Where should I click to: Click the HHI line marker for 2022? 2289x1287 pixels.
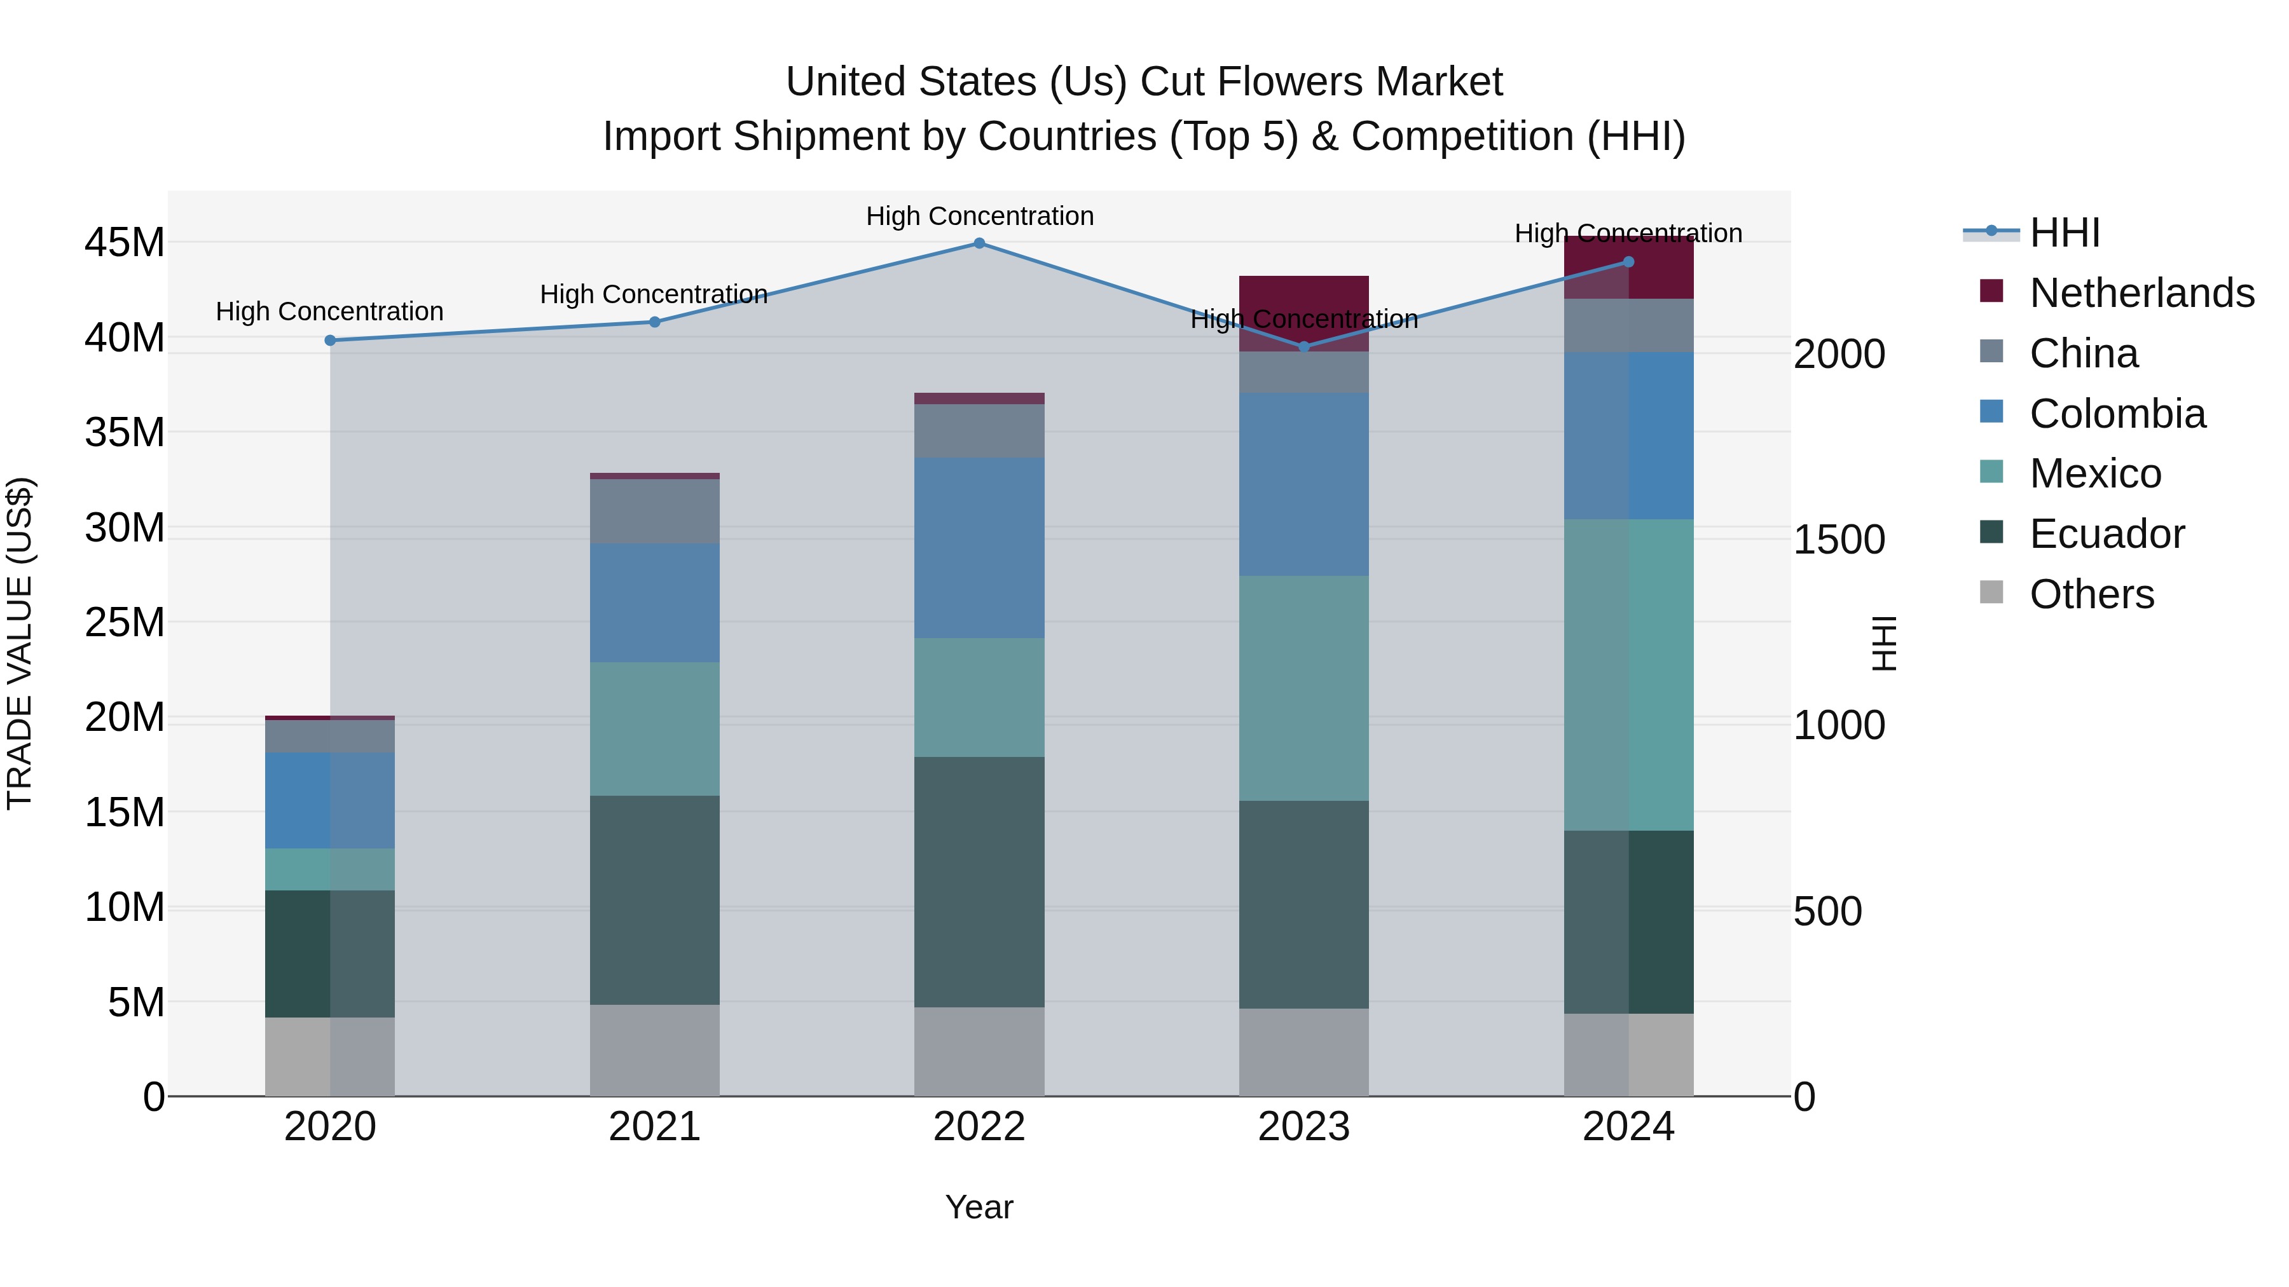click(x=979, y=243)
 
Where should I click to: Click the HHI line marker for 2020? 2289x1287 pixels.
click(x=329, y=340)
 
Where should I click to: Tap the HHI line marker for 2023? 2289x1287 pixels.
click(x=1303, y=346)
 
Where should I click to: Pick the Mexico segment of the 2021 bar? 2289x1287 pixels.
click(x=655, y=728)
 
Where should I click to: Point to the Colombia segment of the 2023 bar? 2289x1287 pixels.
click(x=1303, y=484)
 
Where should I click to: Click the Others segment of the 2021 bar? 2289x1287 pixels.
click(x=655, y=1050)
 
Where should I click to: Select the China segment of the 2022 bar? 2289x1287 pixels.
click(x=979, y=431)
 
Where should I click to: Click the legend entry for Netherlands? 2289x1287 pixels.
click(x=2141, y=293)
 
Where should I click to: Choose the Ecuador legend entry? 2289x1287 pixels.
click(x=2106, y=534)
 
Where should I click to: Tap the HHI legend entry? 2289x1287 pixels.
click(x=2063, y=233)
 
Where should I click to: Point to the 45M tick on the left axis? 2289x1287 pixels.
click(x=125, y=243)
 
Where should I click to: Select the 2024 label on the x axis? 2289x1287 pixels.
click(x=1628, y=1127)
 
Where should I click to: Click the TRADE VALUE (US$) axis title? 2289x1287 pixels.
click(x=20, y=643)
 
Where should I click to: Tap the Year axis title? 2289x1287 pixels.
click(x=979, y=1207)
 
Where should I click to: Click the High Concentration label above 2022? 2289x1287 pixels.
click(x=979, y=216)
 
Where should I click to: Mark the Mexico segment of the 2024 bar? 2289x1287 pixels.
click(x=1628, y=675)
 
